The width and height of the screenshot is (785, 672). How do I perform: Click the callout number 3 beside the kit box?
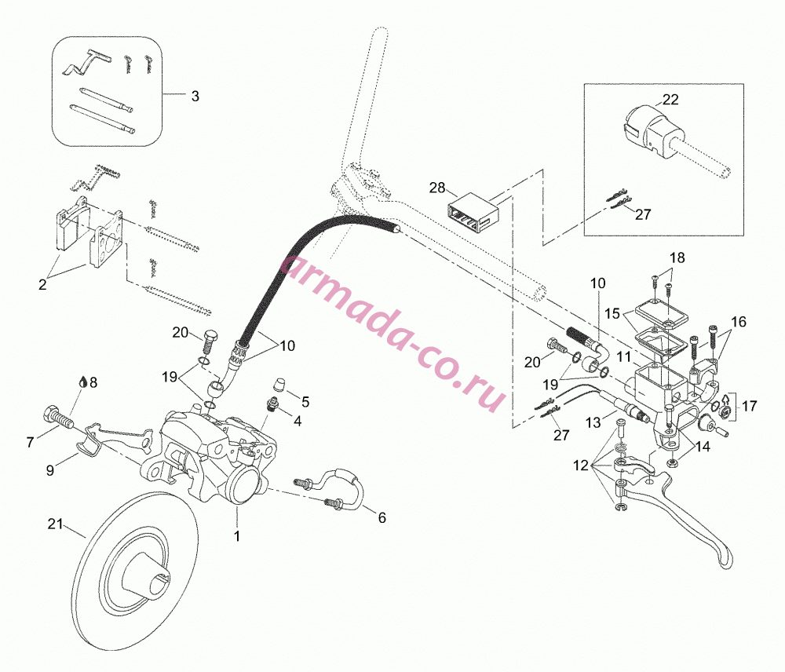pyautogui.click(x=195, y=96)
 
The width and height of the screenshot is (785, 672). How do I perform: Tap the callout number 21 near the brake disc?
pyautogui.click(x=55, y=524)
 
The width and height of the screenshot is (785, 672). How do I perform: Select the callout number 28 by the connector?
pyautogui.click(x=437, y=188)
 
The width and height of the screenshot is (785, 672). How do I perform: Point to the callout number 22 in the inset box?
pyautogui.click(x=670, y=100)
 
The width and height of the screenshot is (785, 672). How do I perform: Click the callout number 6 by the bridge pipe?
pyautogui.click(x=382, y=518)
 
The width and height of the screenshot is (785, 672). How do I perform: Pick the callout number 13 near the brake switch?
pyautogui.click(x=593, y=422)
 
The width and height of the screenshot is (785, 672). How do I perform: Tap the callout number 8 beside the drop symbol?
pyautogui.click(x=93, y=382)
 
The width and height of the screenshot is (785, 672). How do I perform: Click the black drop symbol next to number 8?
pyautogui.click(x=82, y=382)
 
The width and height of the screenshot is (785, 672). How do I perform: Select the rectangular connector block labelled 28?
pyautogui.click(x=473, y=211)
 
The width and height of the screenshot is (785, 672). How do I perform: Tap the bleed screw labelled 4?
pyautogui.click(x=273, y=404)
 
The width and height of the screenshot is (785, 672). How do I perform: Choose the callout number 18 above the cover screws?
pyautogui.click(x=677, y=257)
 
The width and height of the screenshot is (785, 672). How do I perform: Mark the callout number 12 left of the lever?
pyautogui.click(x=581, y=466)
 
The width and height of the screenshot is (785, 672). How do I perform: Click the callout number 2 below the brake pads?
pyautogui.click(x=42, y=284)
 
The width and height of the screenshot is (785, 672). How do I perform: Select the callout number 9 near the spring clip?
pyautogui.click(x=50, y=471)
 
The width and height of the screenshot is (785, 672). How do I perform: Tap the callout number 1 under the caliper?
pyautogui.click(x=237, y=536)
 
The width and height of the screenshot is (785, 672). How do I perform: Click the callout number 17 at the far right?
pyautogui.click(x=750, y=406)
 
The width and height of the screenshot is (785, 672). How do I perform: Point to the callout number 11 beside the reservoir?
pyautogui.click(x=624, y=357)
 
